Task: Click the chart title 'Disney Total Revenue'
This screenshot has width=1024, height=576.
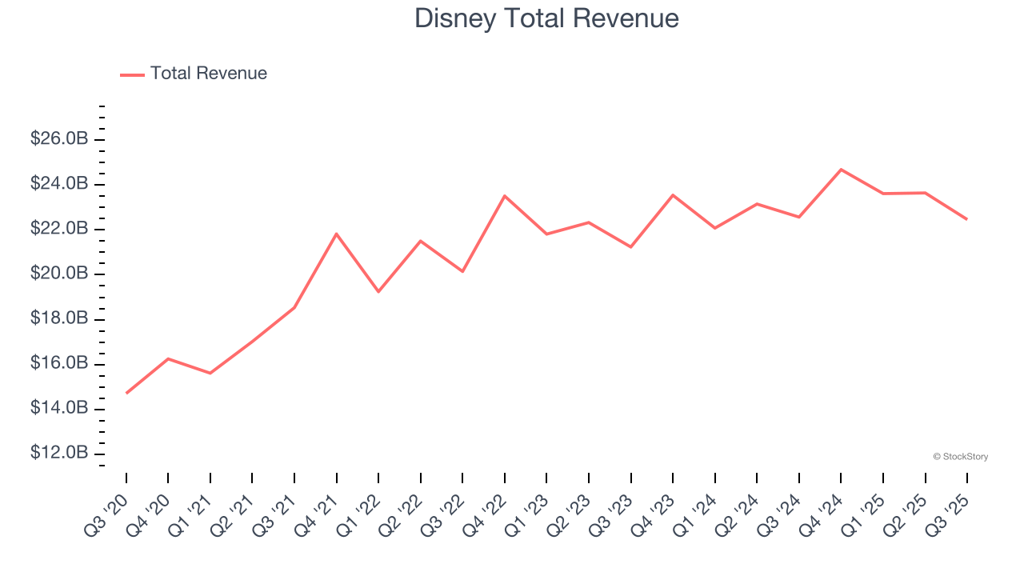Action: [x=546, y=18]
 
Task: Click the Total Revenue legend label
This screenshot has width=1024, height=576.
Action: [x=208, y=74]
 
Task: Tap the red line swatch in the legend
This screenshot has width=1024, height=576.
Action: [x=132, y=74]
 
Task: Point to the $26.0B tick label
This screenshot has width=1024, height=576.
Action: [x=59, y=139]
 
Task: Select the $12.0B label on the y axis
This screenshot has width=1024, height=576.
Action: [x=59, y=454]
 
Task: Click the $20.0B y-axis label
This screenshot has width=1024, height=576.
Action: [x=59, y=274]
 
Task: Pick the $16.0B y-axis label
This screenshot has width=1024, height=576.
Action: [x=59, y=364]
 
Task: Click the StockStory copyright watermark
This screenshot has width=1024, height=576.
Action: [x=960, y=457]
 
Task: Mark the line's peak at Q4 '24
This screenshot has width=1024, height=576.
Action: [x=841, y=170]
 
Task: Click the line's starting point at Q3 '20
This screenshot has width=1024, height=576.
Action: [x=126, y=393]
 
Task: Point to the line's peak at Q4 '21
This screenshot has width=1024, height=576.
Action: [x=337, y=234]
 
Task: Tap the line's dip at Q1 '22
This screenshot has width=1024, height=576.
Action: [x=378, y=291]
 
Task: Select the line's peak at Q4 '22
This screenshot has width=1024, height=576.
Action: [x=505, y=196]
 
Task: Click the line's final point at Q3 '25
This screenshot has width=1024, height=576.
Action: [x=966, y=219]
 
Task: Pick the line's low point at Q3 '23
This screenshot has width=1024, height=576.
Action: [x=630, y=246]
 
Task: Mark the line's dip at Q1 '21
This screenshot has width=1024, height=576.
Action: [x=210, y=373]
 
